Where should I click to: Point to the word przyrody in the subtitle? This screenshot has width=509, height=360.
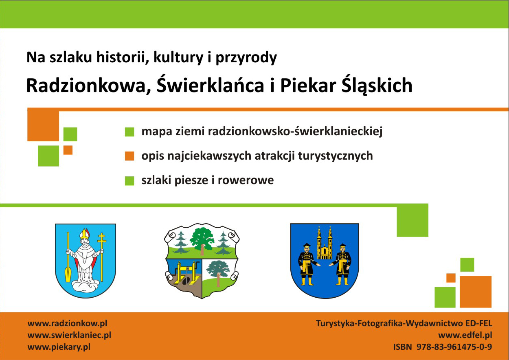click(246, 58)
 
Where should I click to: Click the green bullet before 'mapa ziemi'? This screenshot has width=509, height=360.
click(129, 132)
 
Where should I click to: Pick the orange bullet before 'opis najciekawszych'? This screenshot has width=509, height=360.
click(129, 156)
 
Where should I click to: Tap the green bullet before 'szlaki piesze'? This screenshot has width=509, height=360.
click(129, 181)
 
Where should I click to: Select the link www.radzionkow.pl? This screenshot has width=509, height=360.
click(67, 324)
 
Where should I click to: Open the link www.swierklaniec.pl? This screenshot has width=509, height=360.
click(69, 336)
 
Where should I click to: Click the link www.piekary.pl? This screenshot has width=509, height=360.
click(59, 347)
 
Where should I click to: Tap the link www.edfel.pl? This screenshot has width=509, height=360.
click(465, 336)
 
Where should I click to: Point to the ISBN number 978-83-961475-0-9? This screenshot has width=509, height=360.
click(454, 347)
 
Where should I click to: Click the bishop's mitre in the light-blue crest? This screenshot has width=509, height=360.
click(85, 233)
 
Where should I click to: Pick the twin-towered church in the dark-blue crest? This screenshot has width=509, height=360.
click(325, 243)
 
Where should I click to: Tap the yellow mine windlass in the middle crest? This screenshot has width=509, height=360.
click(187, 273)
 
